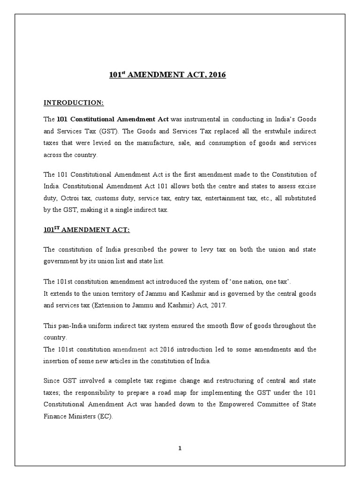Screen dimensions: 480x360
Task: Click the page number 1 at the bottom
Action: [x=180, y=448]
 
